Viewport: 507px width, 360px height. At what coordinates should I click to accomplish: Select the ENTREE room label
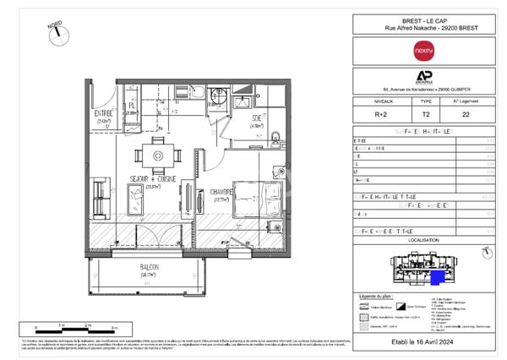(x=104, y=112)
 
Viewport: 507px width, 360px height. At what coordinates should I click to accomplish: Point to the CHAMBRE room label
(x=223, y=192)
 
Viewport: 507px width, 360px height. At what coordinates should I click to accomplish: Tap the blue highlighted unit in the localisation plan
(x=438, y=277)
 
